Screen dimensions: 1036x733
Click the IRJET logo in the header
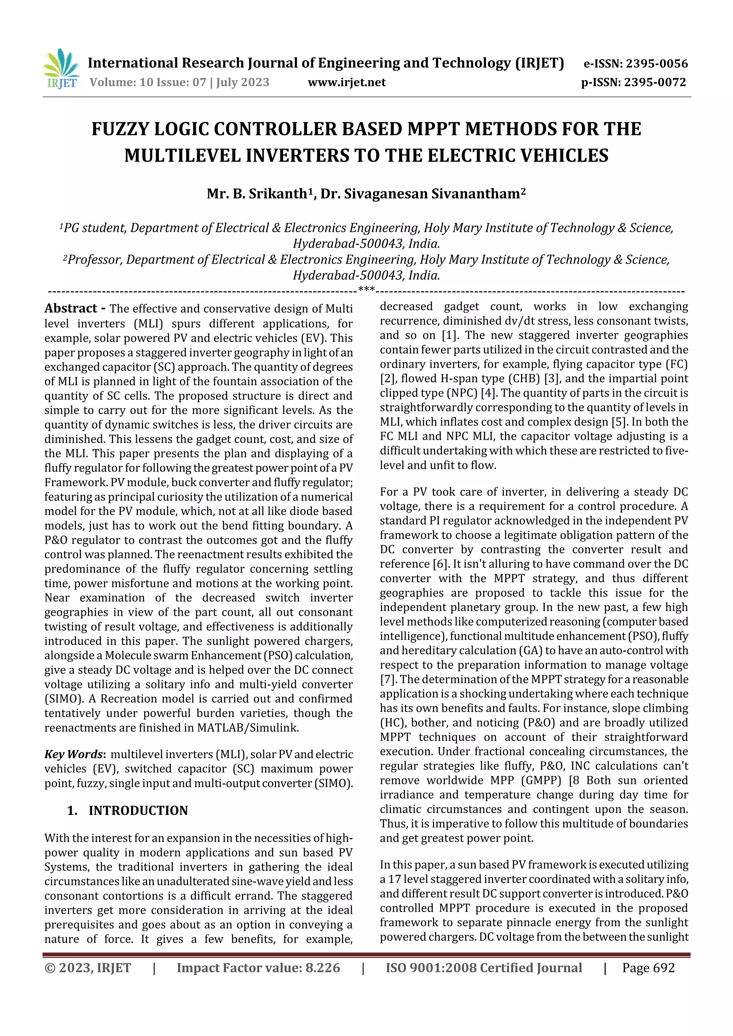pos(61,69)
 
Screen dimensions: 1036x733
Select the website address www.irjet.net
pos(346,82)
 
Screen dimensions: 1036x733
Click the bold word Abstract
pos(71,308)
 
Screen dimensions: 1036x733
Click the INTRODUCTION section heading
pos(138,810)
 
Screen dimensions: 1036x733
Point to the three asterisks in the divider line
pos(366,289)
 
